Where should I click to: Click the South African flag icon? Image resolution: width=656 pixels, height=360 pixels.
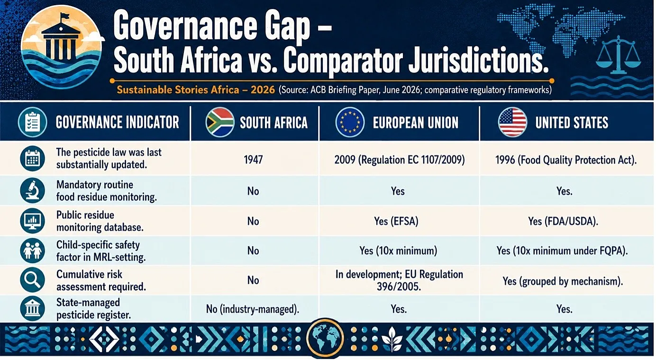[x=220, y=122]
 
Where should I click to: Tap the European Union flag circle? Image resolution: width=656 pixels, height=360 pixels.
[x=350, y=122]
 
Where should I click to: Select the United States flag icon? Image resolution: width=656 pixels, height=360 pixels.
[x=512, y=122]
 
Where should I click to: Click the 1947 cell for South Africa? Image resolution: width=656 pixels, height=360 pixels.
[x=253, y=160]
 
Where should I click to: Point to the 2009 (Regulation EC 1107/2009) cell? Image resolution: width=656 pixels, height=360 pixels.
[x=400, y=160]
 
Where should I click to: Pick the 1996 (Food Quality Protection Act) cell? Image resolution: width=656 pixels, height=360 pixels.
[x=566, y=160]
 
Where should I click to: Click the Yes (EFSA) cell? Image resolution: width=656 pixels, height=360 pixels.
[x=396, y=221]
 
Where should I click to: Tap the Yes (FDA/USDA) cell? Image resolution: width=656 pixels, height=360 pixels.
[x=563, y=221]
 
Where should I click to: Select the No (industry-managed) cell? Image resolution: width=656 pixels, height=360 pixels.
[x=253, y=309]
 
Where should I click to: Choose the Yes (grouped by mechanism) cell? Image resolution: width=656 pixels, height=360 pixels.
[x=563, y=281]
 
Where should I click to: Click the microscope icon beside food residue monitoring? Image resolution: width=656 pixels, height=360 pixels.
[x=32, y=190]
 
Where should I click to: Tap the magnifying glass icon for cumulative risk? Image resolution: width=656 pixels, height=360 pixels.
[x=32, y=279]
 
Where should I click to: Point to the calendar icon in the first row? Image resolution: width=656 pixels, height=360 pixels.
[x=32, y=158]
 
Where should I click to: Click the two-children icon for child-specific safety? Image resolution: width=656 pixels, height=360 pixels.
[x=32, y=251]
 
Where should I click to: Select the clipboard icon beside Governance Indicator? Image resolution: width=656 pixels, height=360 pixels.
[x=32, y=122]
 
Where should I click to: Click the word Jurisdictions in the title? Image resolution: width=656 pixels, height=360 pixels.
[x=478, y=60]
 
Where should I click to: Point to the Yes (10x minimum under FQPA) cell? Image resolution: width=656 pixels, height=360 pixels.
[x=562, y=251]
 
